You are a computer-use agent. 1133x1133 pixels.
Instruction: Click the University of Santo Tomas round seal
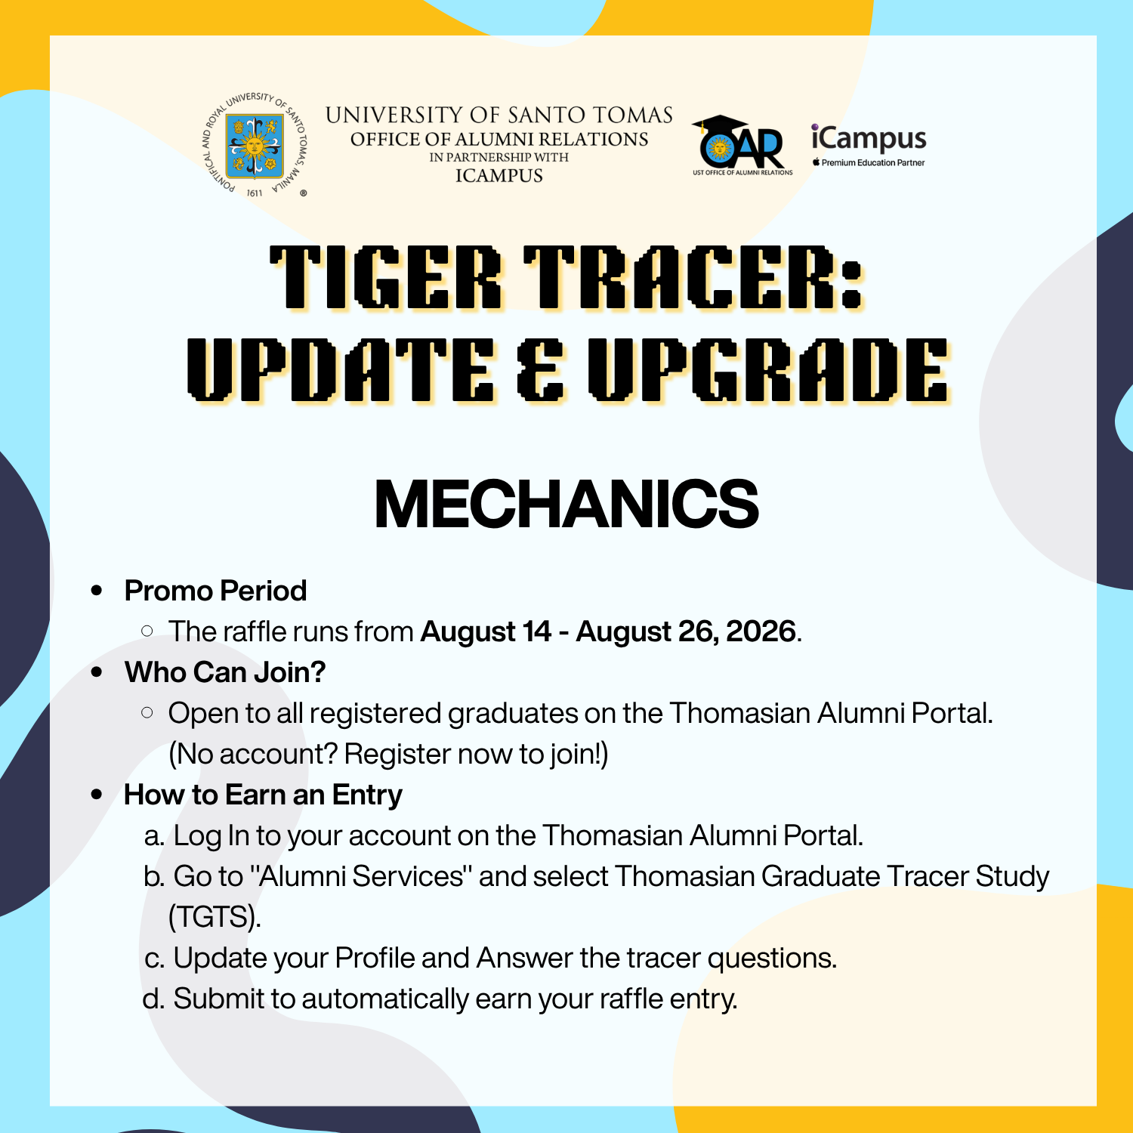pos(256,146)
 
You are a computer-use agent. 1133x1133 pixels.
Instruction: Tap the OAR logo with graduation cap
pos(742,145)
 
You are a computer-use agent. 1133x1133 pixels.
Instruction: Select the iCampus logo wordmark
pos(869,139)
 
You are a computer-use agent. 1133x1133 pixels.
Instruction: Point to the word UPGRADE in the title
pos(768,370)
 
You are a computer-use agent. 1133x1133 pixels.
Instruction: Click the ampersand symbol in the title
pos(540,370)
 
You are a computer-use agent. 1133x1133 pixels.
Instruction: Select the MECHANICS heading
pos(566,504)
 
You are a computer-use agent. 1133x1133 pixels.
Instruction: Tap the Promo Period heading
pos(215,591)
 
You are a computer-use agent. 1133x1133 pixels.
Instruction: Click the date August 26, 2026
pos(686,631)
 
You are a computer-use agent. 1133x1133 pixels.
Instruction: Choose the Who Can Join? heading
pos(225,672)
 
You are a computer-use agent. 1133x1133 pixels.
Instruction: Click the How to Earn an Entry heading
pos(263,795)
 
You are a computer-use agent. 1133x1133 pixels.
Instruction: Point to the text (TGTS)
pos(215,917)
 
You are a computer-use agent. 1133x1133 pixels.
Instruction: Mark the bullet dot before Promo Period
pos(97,591)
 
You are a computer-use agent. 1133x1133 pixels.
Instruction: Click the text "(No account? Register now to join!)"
pos(388,754)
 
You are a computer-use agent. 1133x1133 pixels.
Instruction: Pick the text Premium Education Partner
pos(873,162)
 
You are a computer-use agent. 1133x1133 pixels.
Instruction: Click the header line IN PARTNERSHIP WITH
pos(499,157)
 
